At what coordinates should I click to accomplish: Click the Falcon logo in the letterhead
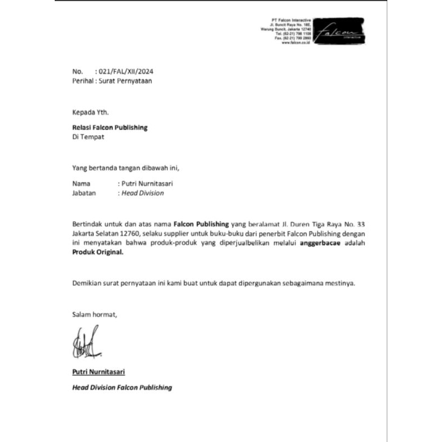[x=343, y=31]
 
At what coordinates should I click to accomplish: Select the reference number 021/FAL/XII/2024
[x=125, y=72]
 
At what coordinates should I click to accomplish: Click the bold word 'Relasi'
[x=82, y=128]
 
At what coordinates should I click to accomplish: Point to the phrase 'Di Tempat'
[x=88, y=136]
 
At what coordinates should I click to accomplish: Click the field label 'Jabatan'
[x=84, y=193]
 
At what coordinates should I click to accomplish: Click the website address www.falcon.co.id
[x=296, y=43]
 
